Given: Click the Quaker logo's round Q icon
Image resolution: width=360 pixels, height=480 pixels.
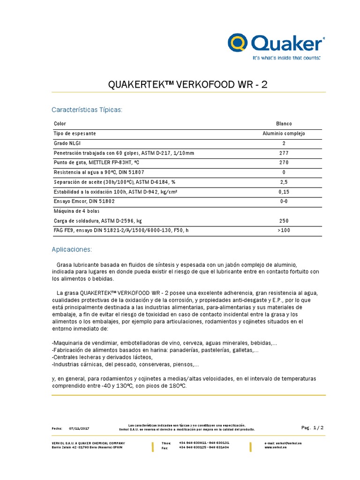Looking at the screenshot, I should click(239, 43).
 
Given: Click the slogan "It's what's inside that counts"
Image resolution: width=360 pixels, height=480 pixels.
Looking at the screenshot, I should click(286, 58).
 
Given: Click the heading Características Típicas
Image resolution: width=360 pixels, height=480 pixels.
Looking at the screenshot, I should click(87, 110).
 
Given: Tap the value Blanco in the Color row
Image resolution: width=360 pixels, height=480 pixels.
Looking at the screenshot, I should click(284, 124).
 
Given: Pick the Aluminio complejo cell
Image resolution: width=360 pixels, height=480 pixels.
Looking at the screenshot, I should click(284, 134).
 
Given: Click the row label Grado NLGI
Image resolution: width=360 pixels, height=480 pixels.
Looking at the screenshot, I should click(67, 143).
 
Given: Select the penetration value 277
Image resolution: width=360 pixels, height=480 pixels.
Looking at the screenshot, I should click(284, 153).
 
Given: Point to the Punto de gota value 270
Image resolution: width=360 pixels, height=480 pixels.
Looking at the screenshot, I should click(284, 163).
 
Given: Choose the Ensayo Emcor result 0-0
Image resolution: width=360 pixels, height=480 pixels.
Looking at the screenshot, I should click(284, 201).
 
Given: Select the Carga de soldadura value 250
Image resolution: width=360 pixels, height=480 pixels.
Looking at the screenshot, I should click(284, 221).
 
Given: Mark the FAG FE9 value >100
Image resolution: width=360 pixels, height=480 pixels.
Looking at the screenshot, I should click(284, 230).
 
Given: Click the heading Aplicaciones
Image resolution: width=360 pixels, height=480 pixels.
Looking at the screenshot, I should click(72, 248).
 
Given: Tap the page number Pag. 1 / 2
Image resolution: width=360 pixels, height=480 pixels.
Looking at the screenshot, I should click(313, 427).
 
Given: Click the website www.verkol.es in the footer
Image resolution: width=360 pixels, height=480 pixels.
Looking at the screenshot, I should click(276, 448).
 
